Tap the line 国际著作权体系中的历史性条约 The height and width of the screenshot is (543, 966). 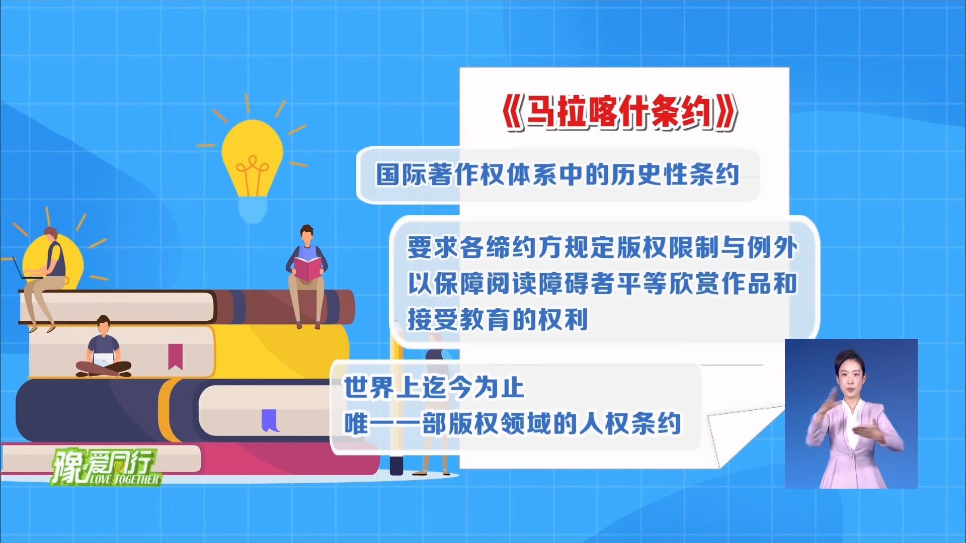tap(557, 174)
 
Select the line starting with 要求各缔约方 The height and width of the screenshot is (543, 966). tap(602, 247)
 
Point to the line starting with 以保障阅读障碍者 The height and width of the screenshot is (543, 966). tap(602, 283)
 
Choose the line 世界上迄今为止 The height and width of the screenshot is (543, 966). tap(434, 388)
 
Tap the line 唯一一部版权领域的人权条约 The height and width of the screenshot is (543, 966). tap(512, 423)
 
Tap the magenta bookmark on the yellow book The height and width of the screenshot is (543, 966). tap(175, 356)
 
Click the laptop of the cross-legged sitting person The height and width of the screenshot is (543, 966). tap(104, 359)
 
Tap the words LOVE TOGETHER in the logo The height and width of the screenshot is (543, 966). tap(125, 479)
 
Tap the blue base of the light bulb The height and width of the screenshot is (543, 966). tap(252, 209)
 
